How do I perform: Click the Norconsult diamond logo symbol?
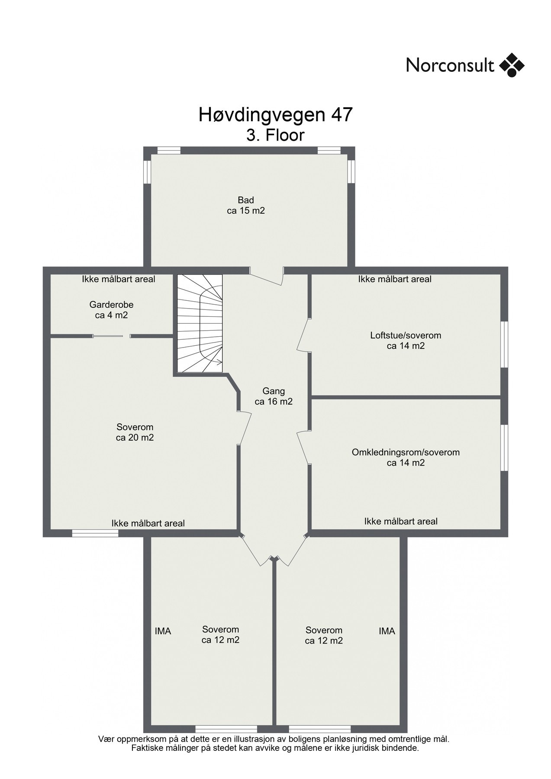[512, 65]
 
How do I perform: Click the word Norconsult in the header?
[450, 66]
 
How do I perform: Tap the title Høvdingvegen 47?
[276, 115]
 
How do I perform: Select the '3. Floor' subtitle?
[276, 135]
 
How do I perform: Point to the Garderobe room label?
[112, 305]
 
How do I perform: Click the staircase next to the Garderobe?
[200, 323]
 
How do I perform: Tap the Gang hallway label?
[274, 391]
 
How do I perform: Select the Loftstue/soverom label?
[406, 335]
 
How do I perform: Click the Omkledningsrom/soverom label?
[406, 452]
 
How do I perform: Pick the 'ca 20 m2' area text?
[135, 438]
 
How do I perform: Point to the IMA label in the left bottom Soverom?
[163, 631]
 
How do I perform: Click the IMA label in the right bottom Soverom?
[387, 631]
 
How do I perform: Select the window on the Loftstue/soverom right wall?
[504, 344]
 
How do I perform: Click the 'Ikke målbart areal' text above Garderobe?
[119, 280]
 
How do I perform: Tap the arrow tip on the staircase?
[222, 362]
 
